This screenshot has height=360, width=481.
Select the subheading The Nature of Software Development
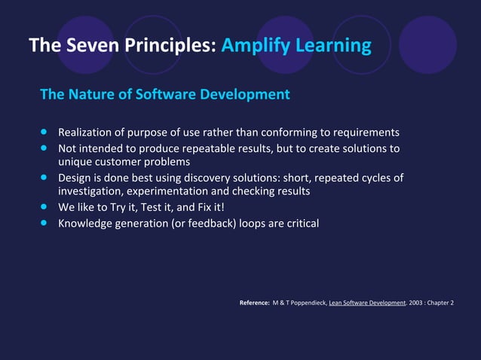(x=164, y=95)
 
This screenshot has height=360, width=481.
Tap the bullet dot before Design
(x=44, y=178)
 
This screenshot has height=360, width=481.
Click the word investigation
(x=89, y=192)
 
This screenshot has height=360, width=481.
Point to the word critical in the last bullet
(x=299, y=222)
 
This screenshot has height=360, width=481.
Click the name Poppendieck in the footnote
(x=304, y=303)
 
